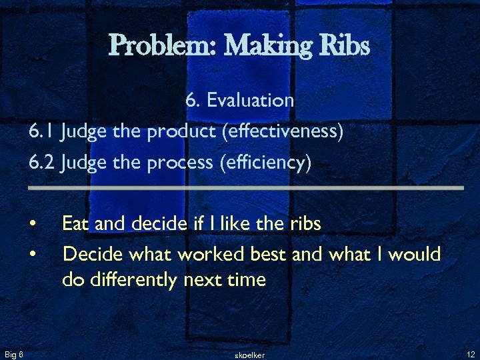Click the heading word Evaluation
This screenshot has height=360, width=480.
click(250, 100)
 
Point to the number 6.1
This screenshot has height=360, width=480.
click(41, 131)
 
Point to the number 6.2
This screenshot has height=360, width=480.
click(42, 163)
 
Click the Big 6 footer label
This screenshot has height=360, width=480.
click(14, 353)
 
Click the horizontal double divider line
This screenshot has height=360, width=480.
click(245, 189)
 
